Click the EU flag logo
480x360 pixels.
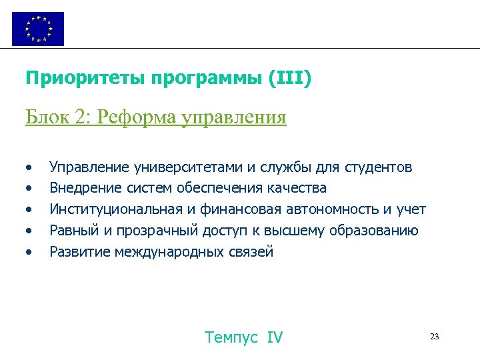(38, 29)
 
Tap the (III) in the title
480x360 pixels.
(289, 79)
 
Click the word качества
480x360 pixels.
(296, 188)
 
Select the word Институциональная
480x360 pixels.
(116, 209)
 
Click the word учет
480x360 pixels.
(410, 209)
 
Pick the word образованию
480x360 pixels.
(377, 231)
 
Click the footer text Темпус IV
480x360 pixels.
(244, 337)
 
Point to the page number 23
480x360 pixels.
(435, 337)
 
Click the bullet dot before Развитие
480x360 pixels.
(29, 253)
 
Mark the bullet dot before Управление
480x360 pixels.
(29, 167)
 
